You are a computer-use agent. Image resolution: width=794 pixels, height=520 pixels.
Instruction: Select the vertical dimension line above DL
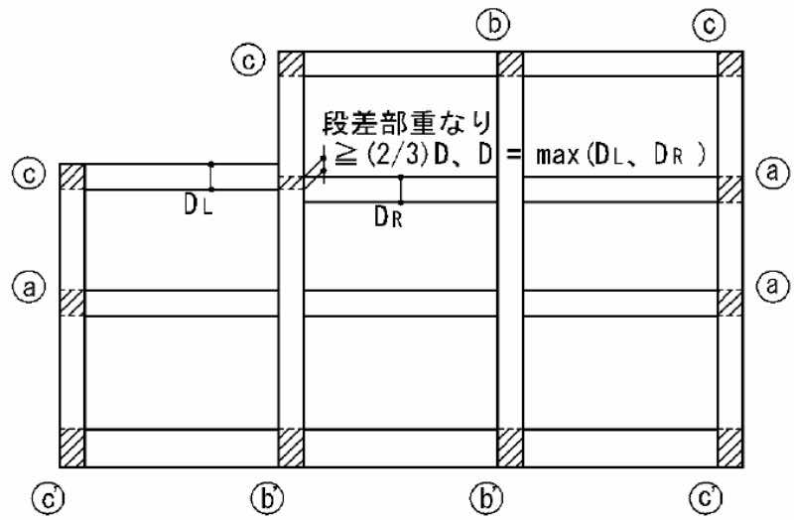[210, 176]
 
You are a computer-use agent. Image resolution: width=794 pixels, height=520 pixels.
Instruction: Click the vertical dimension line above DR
[400, 190]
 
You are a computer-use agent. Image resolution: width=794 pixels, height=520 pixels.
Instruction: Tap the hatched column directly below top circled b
[509, 64]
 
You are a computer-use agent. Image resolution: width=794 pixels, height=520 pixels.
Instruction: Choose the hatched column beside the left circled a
[72, 303]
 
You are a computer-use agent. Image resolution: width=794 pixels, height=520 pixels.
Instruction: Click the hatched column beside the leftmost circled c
[72, 177]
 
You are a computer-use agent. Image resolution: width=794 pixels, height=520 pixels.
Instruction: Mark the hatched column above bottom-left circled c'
[72, 448]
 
